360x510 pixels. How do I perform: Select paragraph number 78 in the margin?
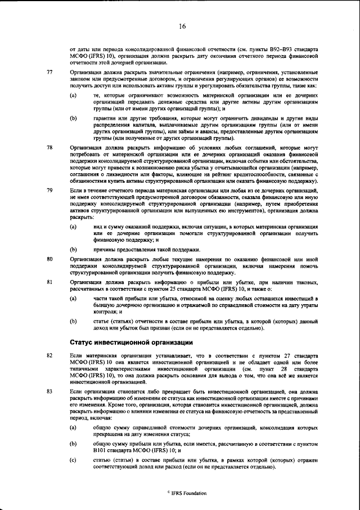[49, 147]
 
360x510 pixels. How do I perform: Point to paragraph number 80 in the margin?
[49, 259]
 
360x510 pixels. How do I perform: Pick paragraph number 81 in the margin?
[49, 281]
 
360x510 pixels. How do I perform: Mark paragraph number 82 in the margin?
[49, 356]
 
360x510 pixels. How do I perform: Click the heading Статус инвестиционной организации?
[132, 342]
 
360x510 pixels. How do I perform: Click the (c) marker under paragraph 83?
[73, 461]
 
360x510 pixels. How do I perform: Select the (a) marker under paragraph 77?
[73, 96]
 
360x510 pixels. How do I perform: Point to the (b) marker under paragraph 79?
[73, 249]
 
